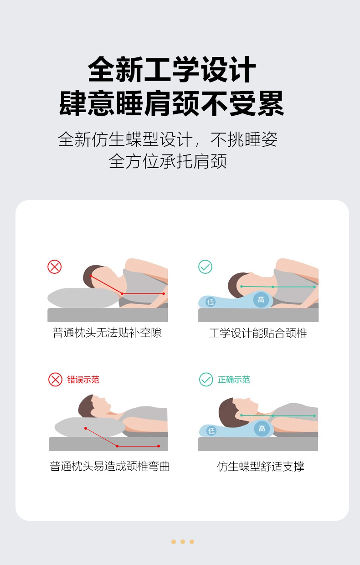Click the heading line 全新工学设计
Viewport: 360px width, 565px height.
click(172, 69)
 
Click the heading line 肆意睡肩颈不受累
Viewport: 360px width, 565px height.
click(171, 103)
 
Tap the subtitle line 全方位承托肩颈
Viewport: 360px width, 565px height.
click(168, 161)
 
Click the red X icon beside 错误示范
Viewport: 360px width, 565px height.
click(55, 380)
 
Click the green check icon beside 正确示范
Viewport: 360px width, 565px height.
click(206, 380)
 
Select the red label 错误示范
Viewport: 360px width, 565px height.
click(83, 380)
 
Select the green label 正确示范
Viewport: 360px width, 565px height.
click(234, 380)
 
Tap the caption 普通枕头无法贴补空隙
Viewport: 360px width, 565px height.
click(107, 333)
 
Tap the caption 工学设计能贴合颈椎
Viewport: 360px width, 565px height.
click(258, 333)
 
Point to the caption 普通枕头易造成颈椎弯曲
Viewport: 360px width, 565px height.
click(110, 466)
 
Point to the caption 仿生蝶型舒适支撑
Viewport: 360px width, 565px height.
click(261, 467)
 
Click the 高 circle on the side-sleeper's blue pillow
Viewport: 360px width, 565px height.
click(261, 299)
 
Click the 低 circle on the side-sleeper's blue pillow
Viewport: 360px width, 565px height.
click(211, 302)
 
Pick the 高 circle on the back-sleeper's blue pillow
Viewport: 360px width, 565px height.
click(262, 428)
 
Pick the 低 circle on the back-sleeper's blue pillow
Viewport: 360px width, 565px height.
click(211, 431)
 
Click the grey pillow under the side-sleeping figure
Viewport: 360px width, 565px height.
click(83, 298)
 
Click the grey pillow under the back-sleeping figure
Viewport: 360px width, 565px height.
click(90, 427)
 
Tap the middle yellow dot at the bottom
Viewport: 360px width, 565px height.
click(183, 542)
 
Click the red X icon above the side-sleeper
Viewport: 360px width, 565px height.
click(55, 267)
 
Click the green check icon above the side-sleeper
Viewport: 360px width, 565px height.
click(206, 267)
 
